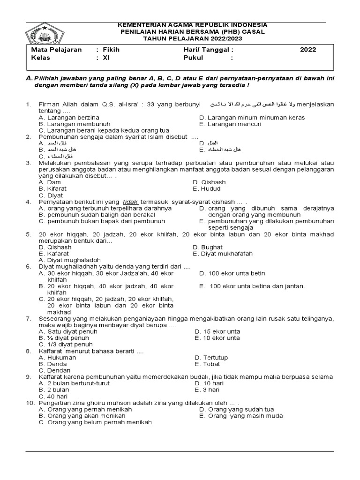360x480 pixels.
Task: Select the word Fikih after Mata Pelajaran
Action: (112, 50)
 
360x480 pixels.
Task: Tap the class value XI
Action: (106, 58)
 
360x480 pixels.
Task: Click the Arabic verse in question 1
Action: (252, 104)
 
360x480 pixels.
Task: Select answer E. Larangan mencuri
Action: (230, 124)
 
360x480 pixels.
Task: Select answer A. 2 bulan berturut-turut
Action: (74, 383)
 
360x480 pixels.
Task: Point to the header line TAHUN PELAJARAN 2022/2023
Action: (187, 38)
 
